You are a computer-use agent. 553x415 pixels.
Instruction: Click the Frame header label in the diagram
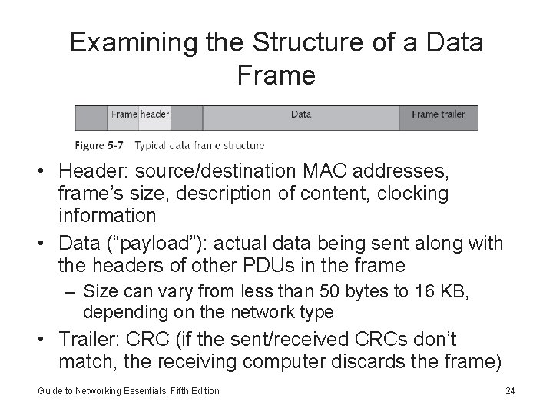(140, 115)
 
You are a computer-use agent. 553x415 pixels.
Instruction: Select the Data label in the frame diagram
(301, 115)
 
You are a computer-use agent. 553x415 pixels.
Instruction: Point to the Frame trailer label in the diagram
(438, 115)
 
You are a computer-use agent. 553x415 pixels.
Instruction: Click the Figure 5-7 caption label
(101, 144)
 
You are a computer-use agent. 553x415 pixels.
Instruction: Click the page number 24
(510, 391)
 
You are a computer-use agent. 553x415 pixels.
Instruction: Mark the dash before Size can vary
(74, 291)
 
